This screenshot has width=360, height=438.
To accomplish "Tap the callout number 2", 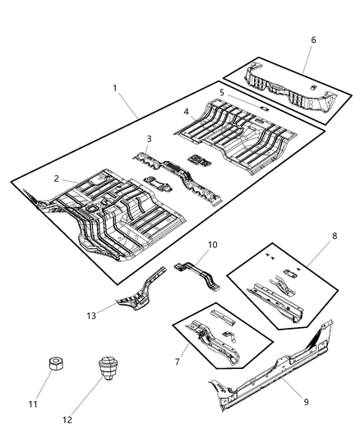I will click(57, 178).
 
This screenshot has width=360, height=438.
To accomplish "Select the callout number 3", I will click(149, 139).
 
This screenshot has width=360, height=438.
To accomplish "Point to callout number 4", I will click(187, 111).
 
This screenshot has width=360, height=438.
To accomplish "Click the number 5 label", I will click(221, 93).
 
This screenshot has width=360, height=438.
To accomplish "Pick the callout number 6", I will click(312, 39).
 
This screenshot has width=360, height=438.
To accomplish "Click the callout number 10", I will click(212, 245).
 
